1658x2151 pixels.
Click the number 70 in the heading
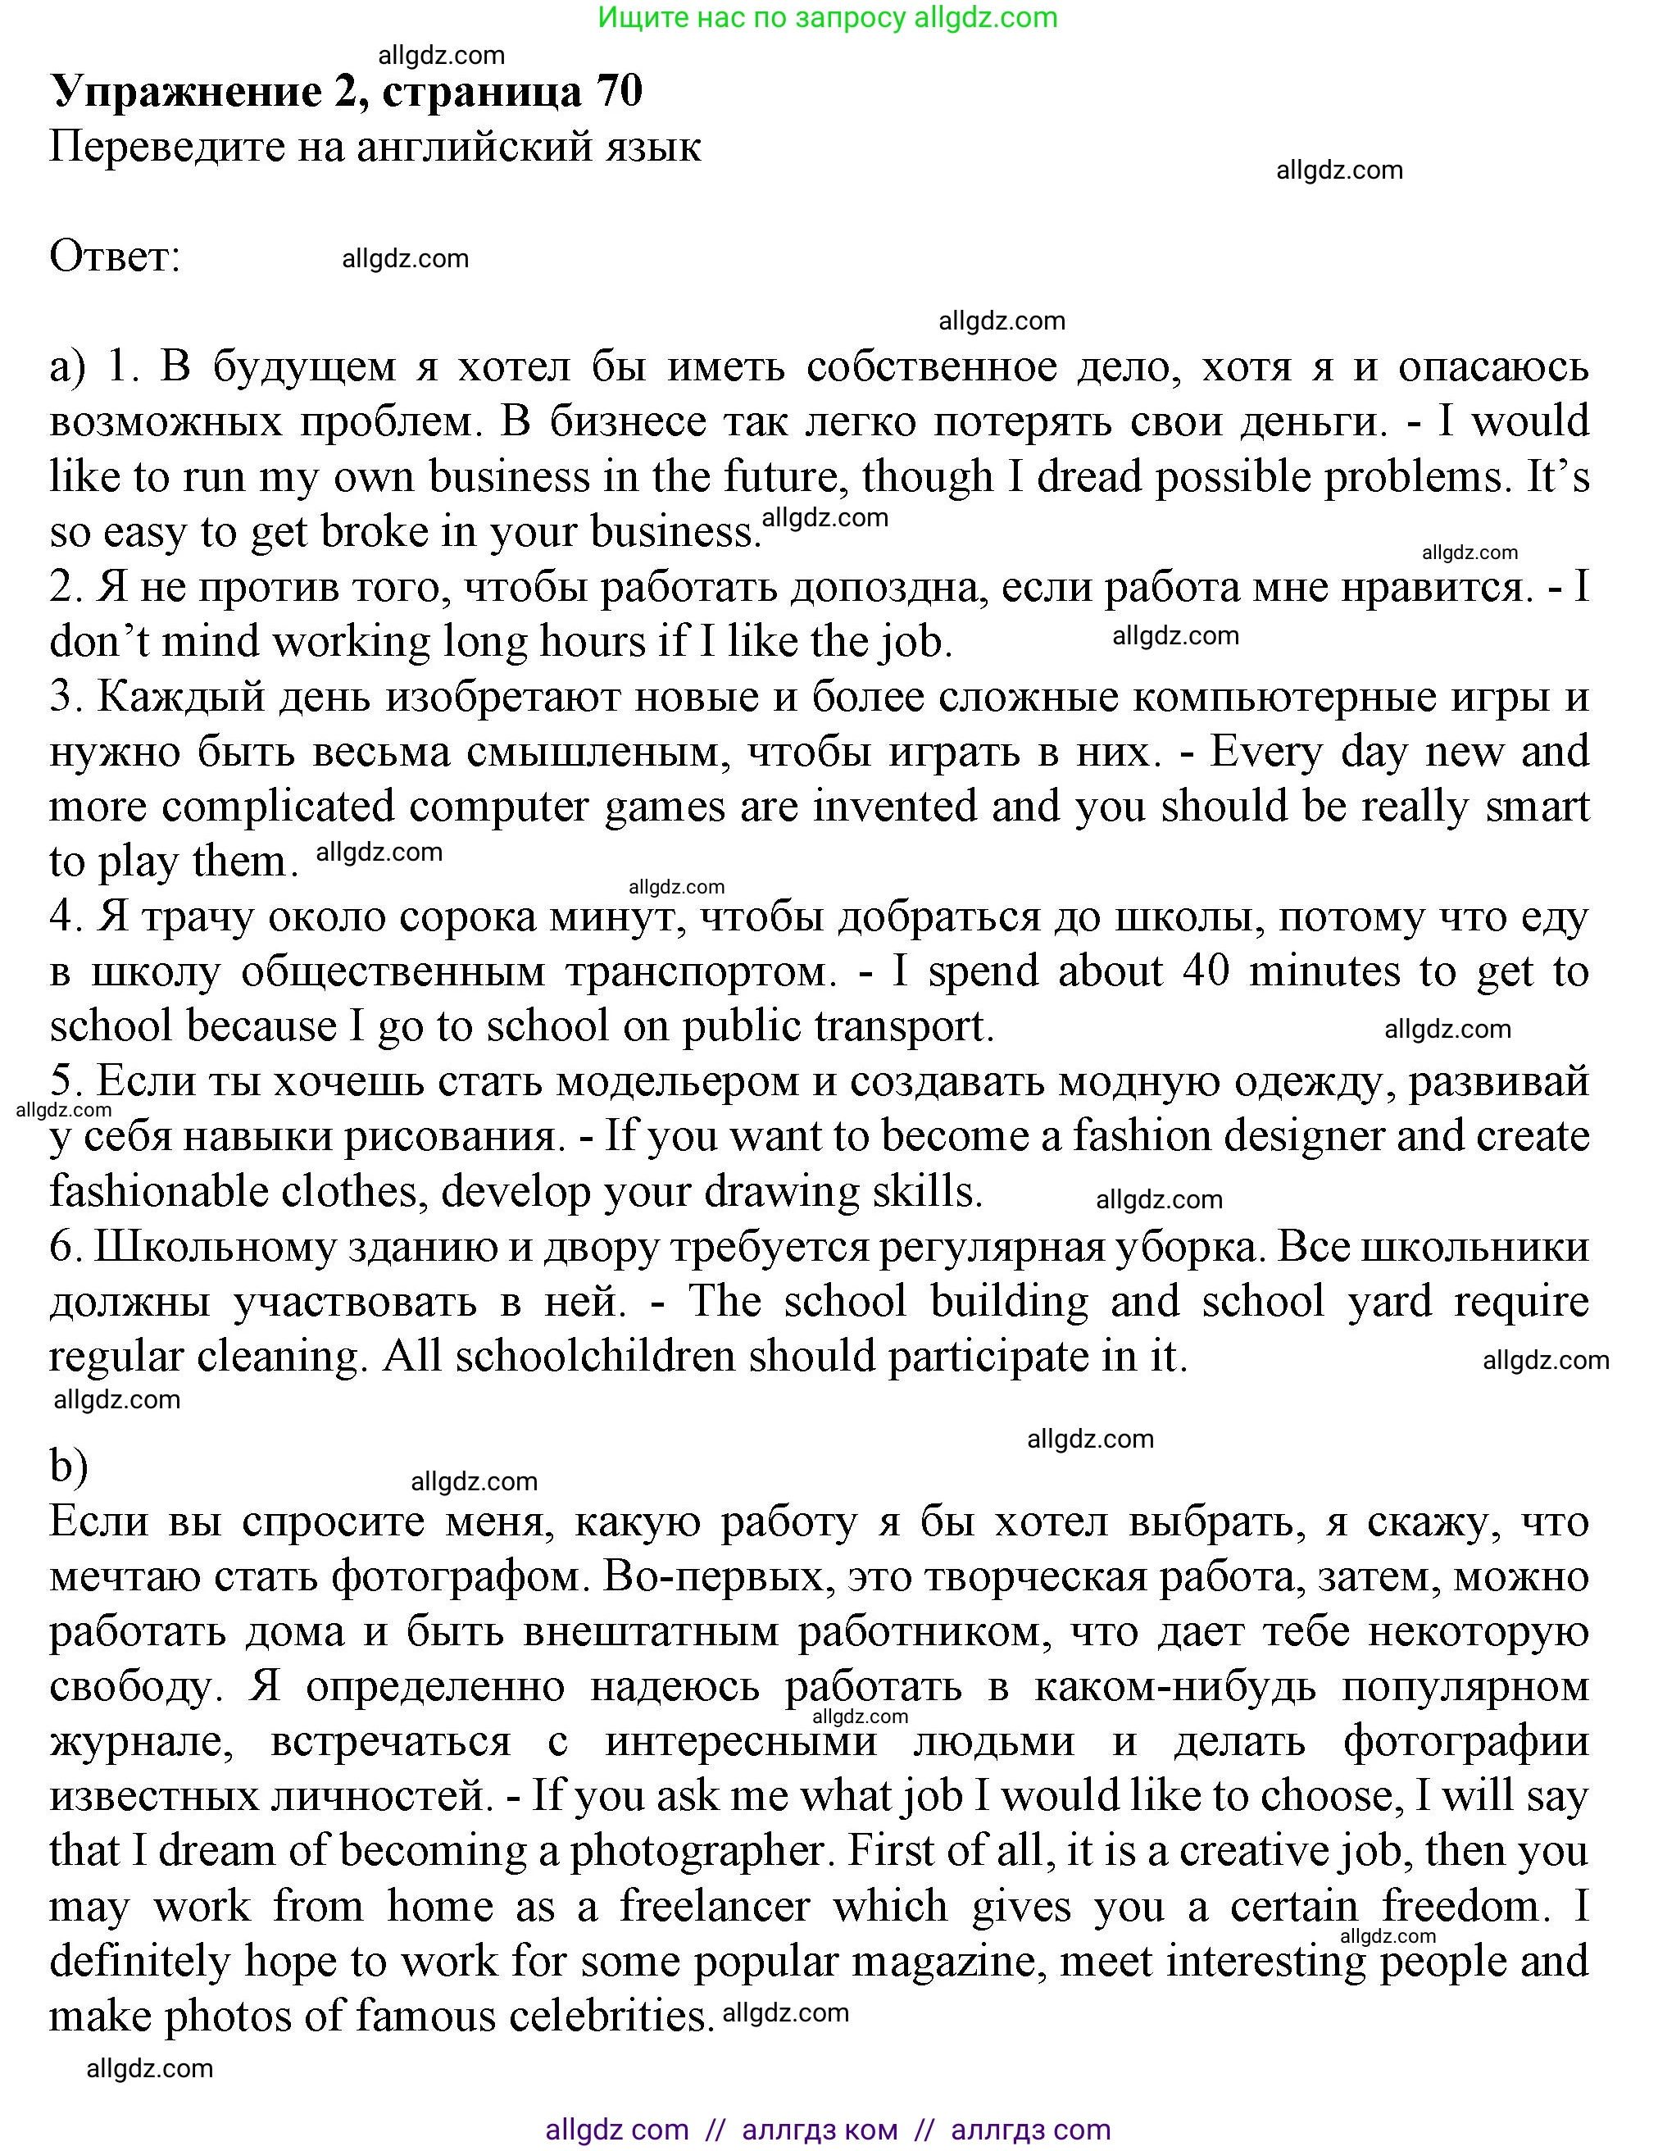click(x=618, y=92)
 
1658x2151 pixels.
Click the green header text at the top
click(x=827, y=18)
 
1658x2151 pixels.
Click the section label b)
click(x=69, y=1466)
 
